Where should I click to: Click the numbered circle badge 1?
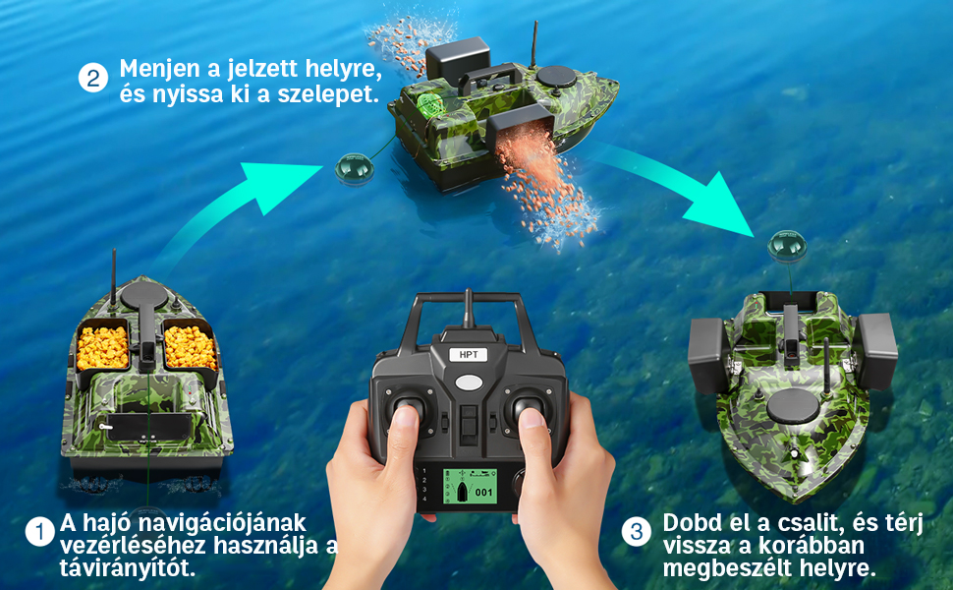(x=40, y=532)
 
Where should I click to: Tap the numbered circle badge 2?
(x=92, y=79)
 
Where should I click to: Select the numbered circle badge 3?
(x=637, y=532)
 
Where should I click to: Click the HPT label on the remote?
(x=467, y=356)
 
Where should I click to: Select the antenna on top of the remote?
(x=468, y=310)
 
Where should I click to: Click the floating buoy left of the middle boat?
(x=351, y=169)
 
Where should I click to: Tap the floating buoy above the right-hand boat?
(x=786, y=245)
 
